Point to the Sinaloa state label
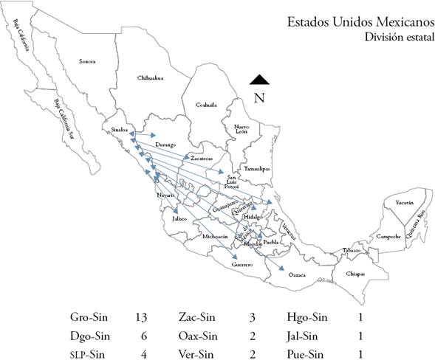(120, 128)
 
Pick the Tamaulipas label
(256, 168)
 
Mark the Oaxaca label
(296, 274)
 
